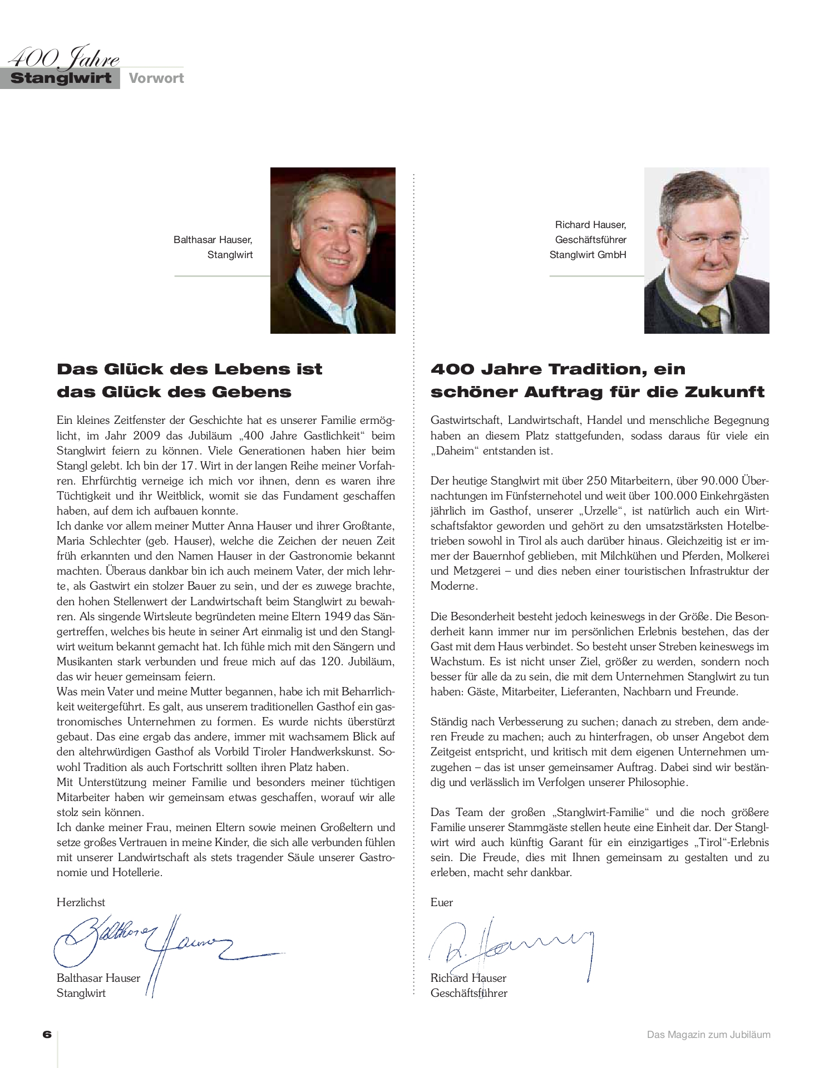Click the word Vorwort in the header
pos(156,78)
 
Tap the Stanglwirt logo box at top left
pos(61,78)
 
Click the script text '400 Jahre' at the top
pos(65,58)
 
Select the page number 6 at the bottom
pos(47,1035)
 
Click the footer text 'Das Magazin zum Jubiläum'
pos(708,1035)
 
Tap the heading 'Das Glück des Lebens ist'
pos(190,369)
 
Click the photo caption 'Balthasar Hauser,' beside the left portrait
pos(213,240)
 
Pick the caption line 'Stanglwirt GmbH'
pos(588,255)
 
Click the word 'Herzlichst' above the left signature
pos(81,902)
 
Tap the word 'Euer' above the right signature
pos(442,902)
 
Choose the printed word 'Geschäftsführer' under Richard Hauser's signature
pos(469,993)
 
